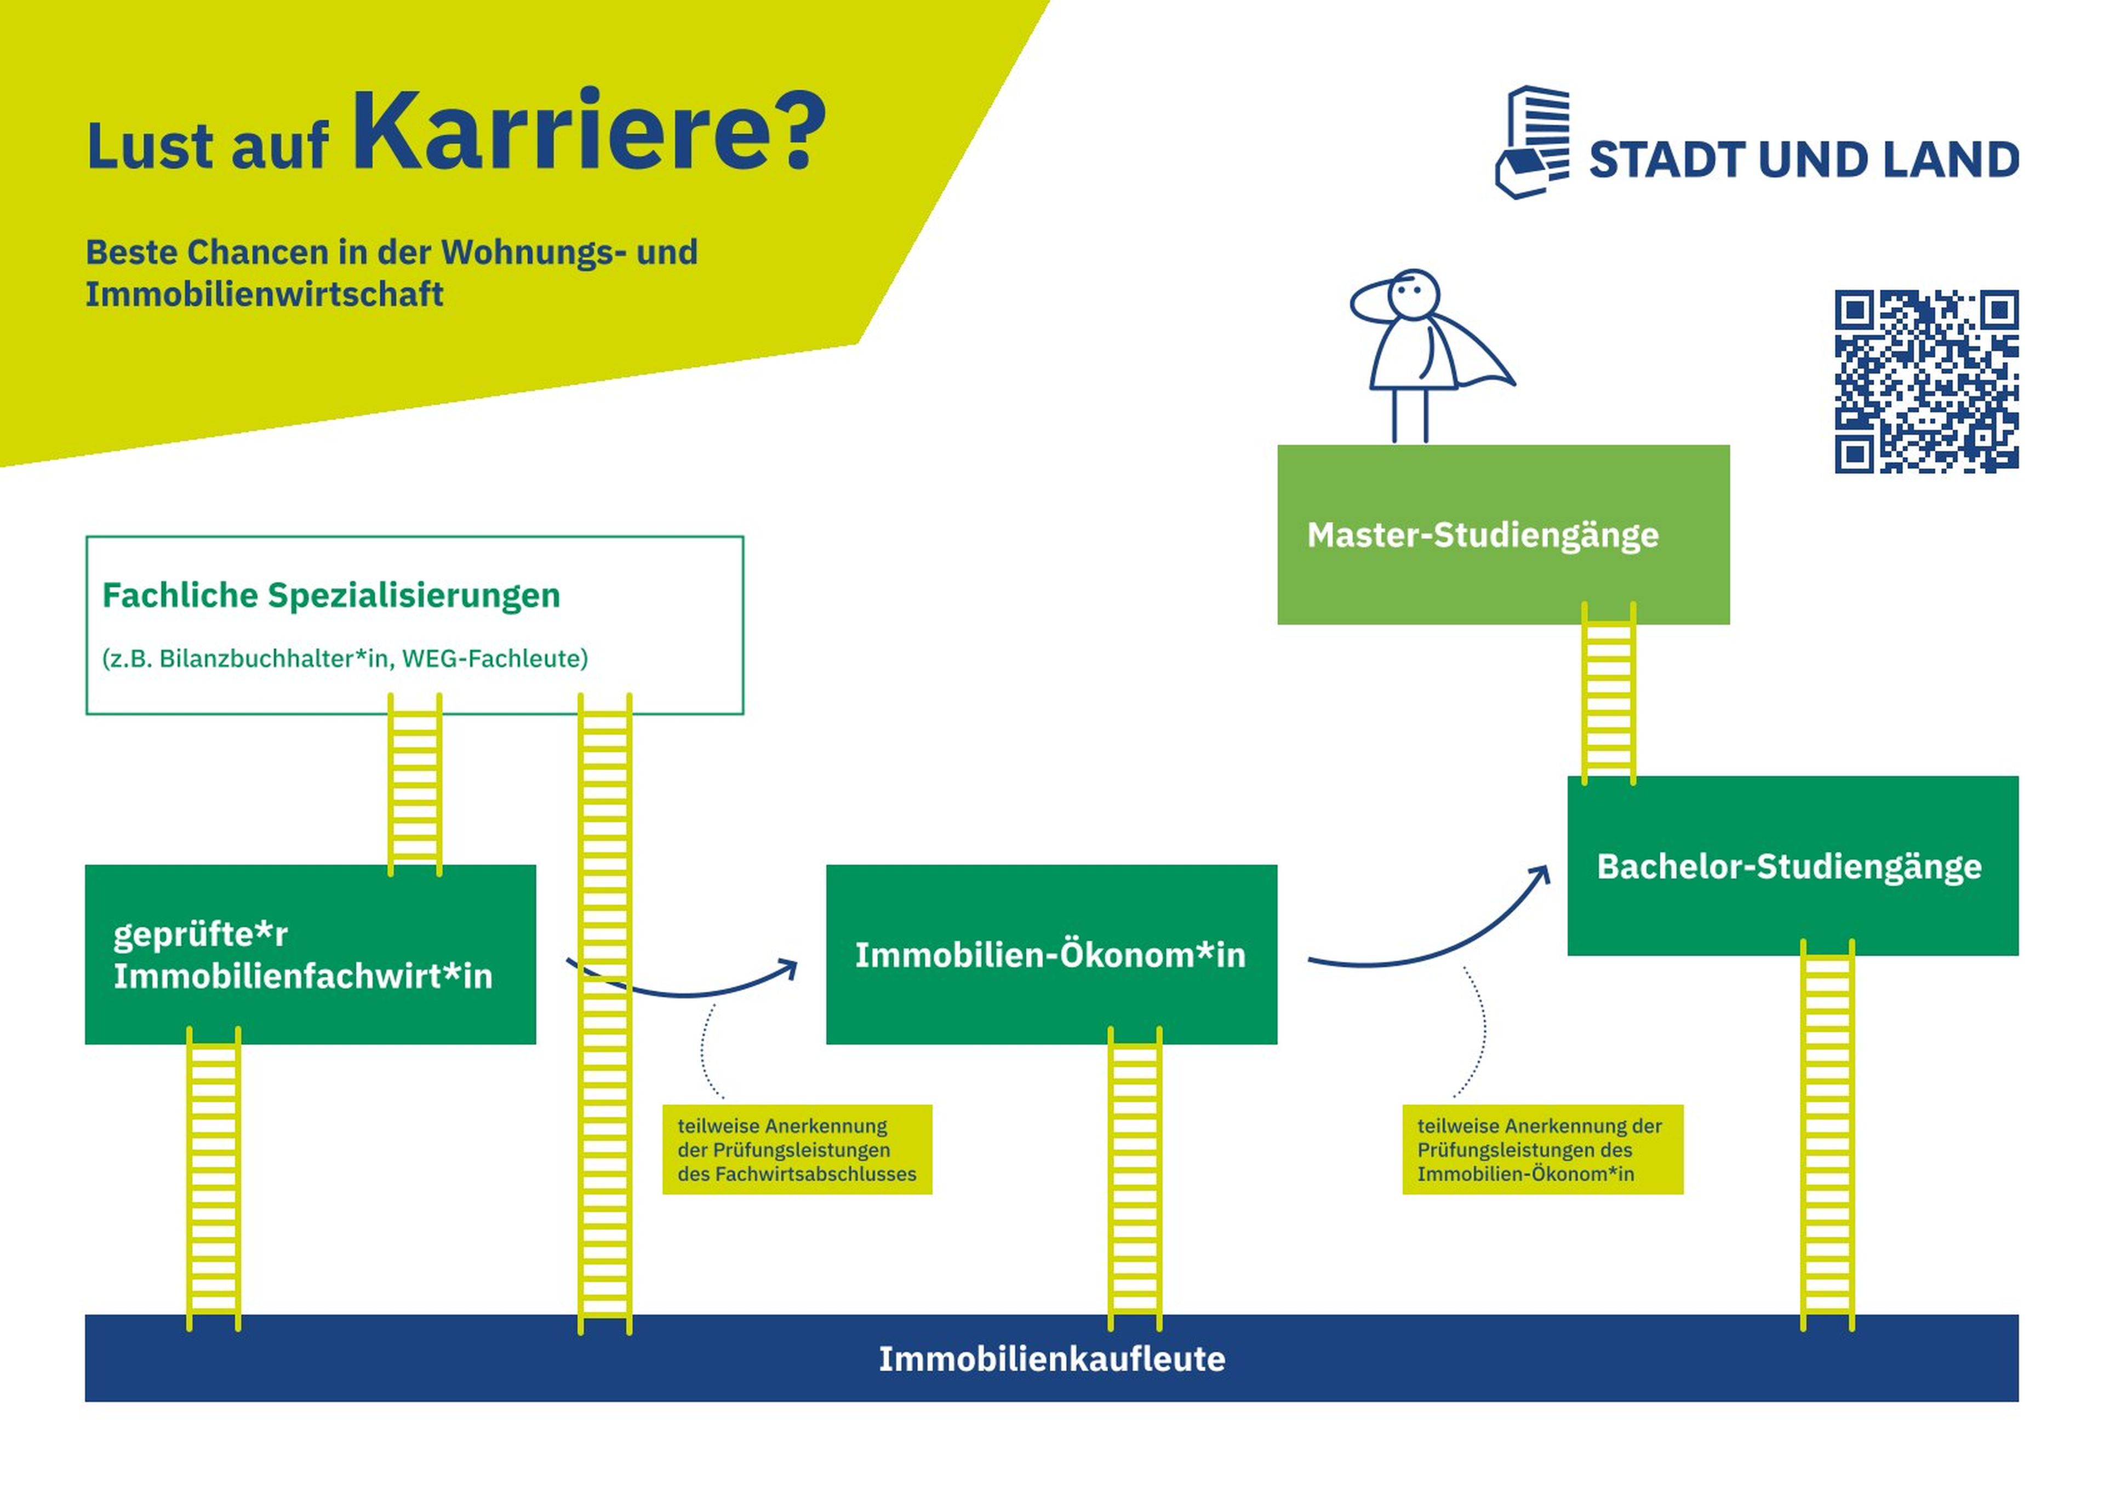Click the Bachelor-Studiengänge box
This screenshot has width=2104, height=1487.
click(x=1792, y=866)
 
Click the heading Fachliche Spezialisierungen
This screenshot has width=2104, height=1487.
click(x=331, y=595)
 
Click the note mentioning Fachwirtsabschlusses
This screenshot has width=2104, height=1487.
click(x=796, y=1149)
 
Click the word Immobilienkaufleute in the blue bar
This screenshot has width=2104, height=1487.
click(x=1051, y=1359)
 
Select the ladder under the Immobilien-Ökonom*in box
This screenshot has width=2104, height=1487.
click(x=1135, y=1182)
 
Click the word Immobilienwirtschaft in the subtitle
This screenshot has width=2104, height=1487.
click(x=264, y=295)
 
